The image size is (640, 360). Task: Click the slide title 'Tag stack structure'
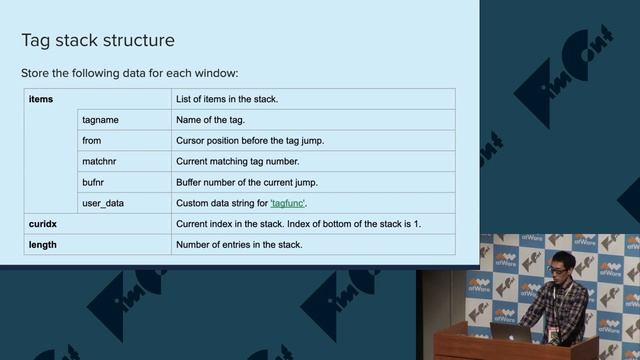pos(98,41)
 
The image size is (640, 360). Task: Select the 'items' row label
pos(41,99)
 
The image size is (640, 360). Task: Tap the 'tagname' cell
pos(101,120)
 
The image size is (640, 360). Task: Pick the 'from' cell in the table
pos(91,141)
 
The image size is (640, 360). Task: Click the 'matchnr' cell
pos(100,161)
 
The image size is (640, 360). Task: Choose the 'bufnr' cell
pos(93,182)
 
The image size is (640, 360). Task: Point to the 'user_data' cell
pos(103,203)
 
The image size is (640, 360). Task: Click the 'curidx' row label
pos(44,223)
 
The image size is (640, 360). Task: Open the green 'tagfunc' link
pos(288,203)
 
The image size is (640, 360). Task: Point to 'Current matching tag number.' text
pos(237,161)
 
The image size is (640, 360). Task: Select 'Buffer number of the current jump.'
pos(247,182)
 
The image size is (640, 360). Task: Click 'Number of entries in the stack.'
pos(238,244)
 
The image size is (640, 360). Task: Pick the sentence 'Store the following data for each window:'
pos(130,74)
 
